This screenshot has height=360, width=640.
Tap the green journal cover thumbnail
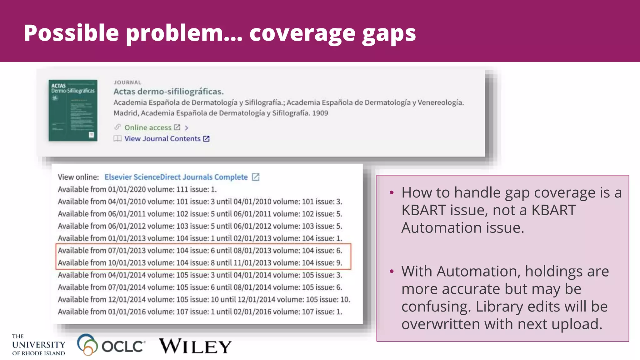coord(73,110)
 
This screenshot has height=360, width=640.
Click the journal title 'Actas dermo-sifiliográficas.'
coord(168,92)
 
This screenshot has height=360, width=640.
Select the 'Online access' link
coord(148,127)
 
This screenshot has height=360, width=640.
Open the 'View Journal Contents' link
coord(162,139)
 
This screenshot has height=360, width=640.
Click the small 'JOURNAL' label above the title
coord(127,82)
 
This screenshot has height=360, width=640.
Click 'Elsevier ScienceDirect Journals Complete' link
coord(176,177)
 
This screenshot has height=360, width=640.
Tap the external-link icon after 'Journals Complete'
coord(256,177)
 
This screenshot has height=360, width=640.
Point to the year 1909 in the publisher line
coord(320,113)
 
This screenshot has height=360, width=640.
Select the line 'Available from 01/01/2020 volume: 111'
coord(137,189)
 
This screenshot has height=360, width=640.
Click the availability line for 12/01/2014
coord(204,299)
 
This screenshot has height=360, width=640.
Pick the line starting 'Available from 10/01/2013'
coord(200,263)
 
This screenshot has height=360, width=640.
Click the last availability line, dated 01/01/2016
coord(200,312)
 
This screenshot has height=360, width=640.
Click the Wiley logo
coord(195,346)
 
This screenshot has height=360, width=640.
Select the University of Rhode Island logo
coord(38,345)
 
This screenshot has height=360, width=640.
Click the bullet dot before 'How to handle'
coord(392,192)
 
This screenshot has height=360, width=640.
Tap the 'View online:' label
coord(78,177)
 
